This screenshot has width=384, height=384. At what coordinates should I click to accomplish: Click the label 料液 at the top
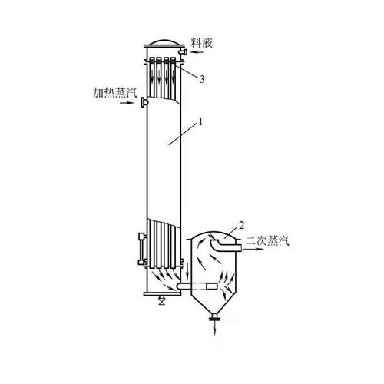click(x=202, y=43)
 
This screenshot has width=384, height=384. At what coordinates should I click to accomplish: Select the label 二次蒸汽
click(x=267, y=241)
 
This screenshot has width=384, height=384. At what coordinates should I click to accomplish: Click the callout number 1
click(x=201, y=122)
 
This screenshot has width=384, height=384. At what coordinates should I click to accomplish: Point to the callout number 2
click(x=242, y=225)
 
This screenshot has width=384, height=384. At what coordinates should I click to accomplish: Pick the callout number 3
click(x=202, y=79)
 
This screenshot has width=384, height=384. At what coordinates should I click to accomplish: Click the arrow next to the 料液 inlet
click(x=198, y=52)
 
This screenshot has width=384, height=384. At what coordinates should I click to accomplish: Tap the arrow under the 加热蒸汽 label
click(x=127, y=103)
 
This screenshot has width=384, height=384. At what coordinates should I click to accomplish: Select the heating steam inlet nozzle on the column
click(x=144, y=103)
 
